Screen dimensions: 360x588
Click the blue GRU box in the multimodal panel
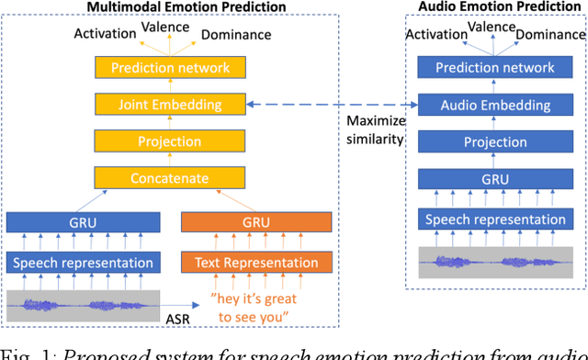(81, 222)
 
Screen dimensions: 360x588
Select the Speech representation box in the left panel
(81, 263)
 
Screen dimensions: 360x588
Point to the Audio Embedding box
(495, 105)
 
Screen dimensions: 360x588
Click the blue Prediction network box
(495, 68)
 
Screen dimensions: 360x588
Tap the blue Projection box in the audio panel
(495, 142)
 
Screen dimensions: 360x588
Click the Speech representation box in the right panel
(495, 219)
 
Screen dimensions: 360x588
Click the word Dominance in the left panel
(235, 35)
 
